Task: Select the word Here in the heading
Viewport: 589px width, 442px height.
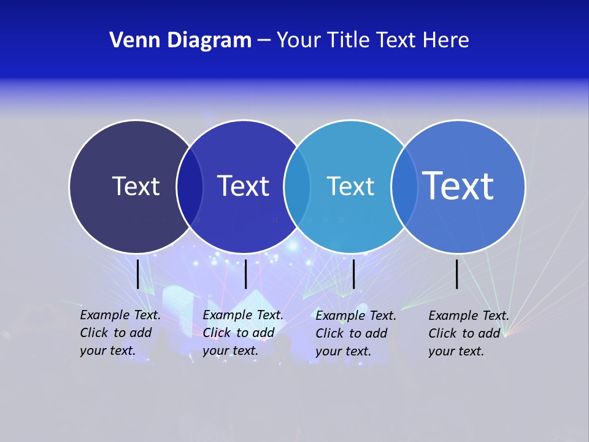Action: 446,41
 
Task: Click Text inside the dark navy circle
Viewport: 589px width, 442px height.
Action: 136,186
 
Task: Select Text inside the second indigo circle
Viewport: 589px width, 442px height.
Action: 244,186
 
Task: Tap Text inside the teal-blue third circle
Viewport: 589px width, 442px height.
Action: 350,186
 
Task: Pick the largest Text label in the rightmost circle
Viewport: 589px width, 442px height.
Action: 458,185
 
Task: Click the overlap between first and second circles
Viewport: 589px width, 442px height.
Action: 190,186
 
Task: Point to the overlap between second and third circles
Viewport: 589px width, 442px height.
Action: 297,186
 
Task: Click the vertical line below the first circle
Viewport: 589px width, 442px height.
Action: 138,274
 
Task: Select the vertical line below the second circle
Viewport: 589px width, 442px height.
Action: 245,274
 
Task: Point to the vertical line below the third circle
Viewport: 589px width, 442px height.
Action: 354,274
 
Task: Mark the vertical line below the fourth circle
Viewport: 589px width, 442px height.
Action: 457,274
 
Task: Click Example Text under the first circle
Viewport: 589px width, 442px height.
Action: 120,316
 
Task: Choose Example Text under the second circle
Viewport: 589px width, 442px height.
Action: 243,316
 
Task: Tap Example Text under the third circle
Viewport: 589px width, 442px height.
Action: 356,316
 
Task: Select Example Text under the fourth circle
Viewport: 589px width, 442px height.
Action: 469,316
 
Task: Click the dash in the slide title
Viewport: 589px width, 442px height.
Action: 264,41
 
